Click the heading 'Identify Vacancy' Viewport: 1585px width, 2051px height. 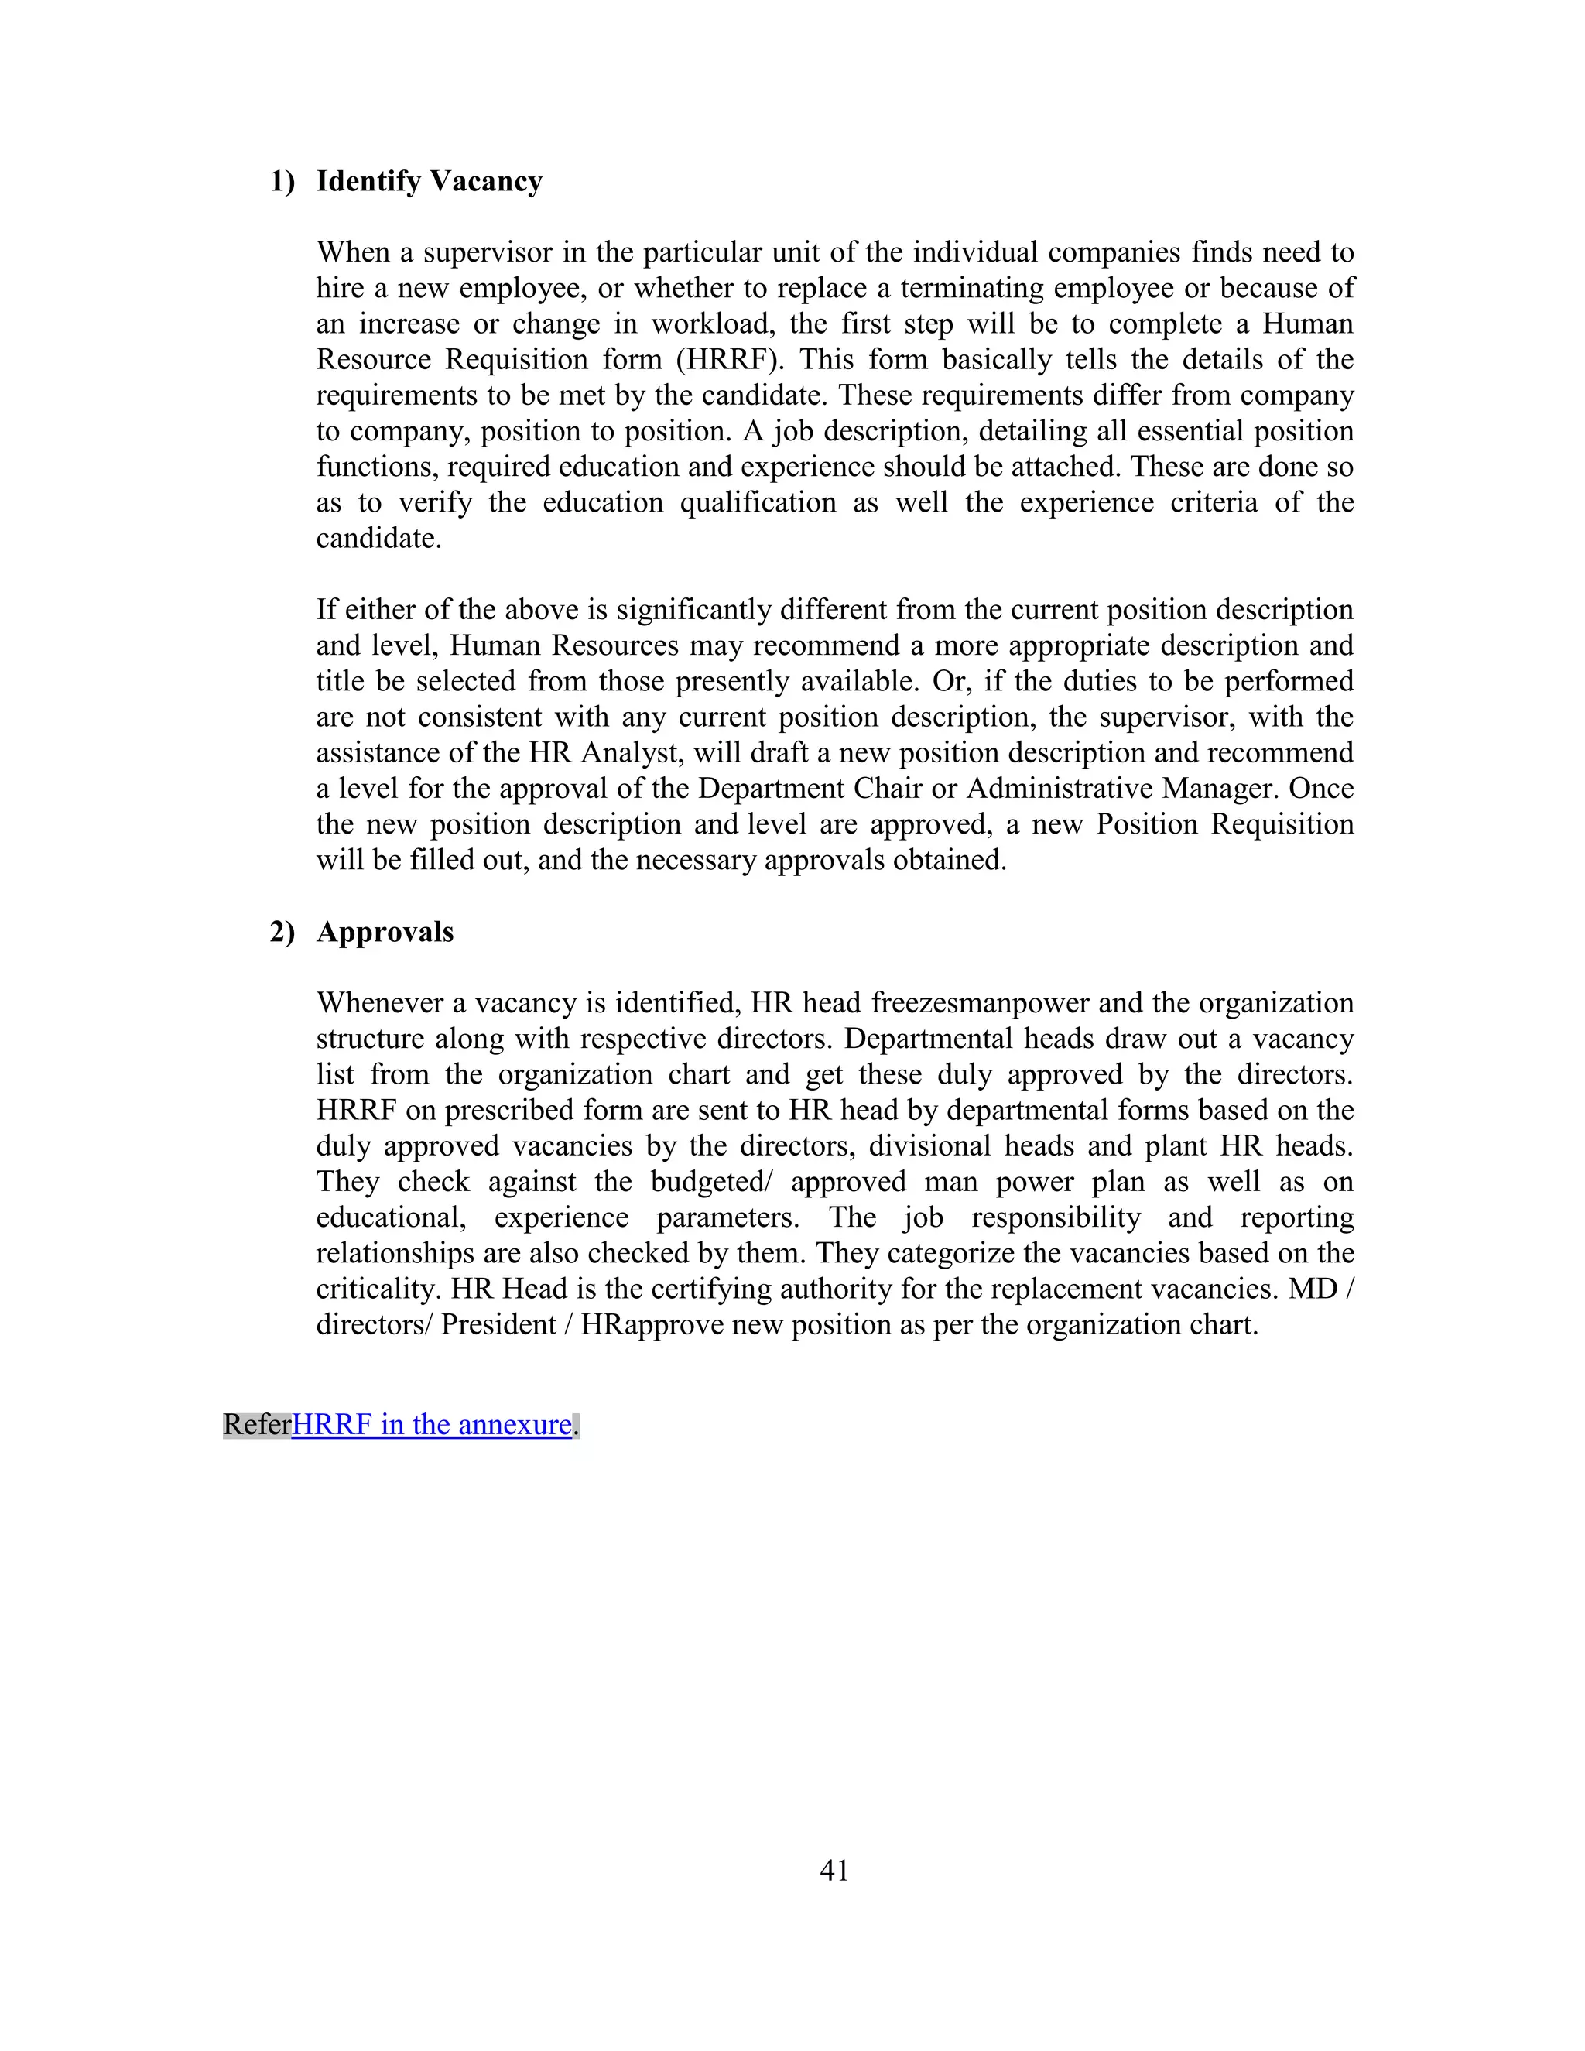[429, 181]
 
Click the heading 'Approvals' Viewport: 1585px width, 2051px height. [385, 932]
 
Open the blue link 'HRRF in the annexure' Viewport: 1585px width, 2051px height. [432, 1425]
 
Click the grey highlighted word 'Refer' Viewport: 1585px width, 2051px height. [256, 1425]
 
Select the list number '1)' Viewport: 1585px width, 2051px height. [282, 181]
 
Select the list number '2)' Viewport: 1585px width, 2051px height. [282, 932]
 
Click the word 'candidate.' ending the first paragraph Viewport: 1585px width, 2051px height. [378, 539]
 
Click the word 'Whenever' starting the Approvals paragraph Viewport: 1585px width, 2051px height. [378, 1003]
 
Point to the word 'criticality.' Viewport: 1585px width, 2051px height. [378, 1289]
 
